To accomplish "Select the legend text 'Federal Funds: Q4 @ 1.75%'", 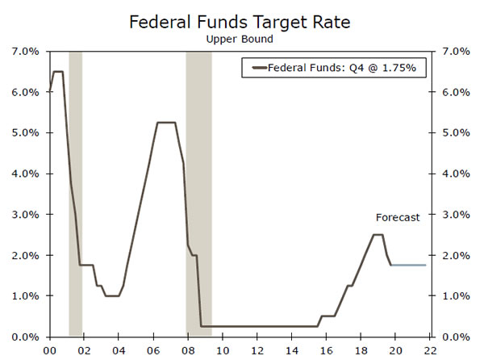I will tap(341, 68).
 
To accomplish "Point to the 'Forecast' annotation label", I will tap(398, 217).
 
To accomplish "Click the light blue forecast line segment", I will tap(407, 265).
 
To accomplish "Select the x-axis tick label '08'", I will tap(187, 351).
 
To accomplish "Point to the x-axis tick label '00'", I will tap(49, 351).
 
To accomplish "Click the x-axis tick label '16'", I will tap(326, 351).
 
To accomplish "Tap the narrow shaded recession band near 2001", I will tap(75, 194).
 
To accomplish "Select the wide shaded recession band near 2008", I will tap(198, 194).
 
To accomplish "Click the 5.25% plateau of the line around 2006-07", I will tap(166, 123).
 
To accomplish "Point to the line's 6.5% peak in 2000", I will tap(58, 72).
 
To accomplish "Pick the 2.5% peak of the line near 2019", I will tap(378, 235).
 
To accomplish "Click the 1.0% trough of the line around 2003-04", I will tap(112, 295).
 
